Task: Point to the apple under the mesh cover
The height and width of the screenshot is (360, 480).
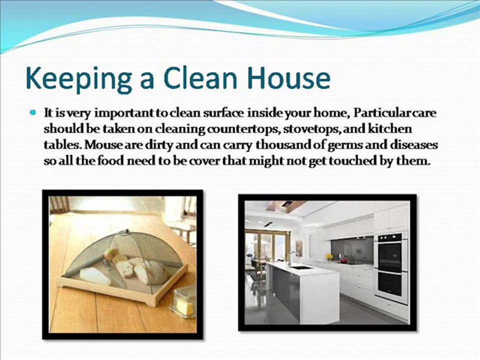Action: (x=110, y=254)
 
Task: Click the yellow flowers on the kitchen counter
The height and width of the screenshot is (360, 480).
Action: (x=328, y=256)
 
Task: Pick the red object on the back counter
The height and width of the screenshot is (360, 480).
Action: (x=343, y=259)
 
